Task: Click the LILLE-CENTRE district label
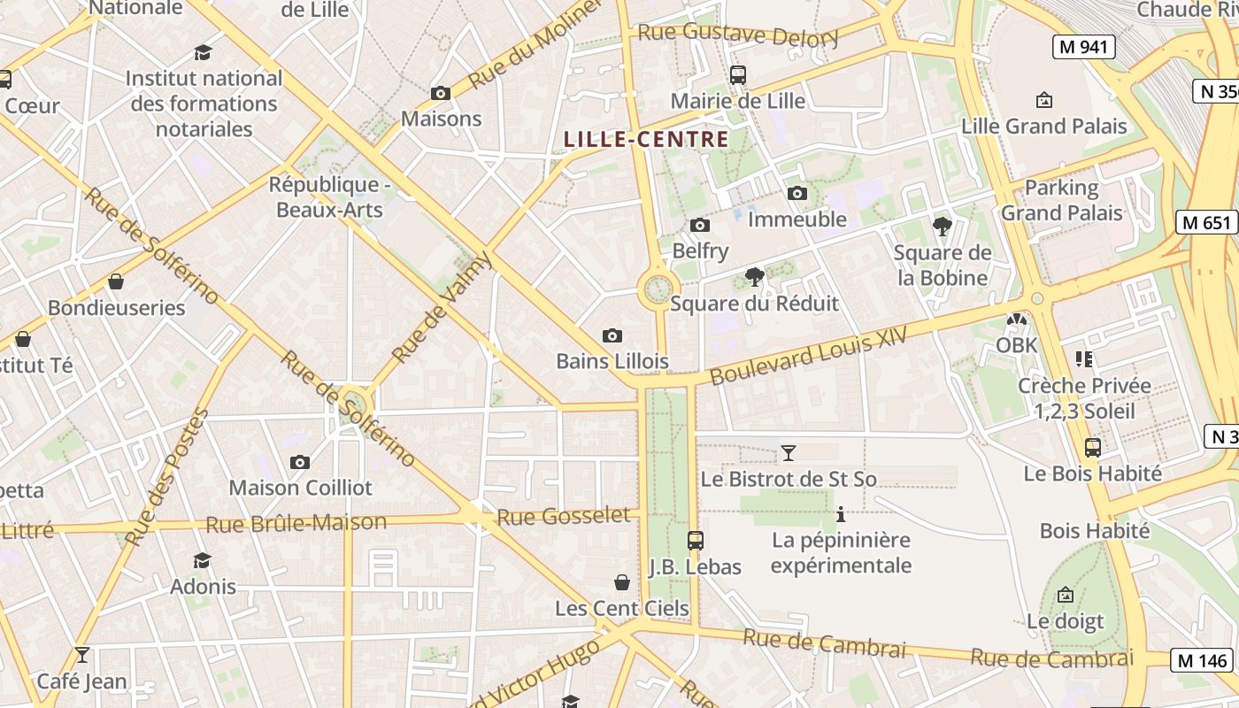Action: (646, 139)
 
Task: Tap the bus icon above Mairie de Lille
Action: (737, 75)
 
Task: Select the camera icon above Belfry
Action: (700, 226)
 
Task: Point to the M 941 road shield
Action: (1083, 47)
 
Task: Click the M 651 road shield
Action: (1206, 222)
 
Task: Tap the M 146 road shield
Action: (1203, 659)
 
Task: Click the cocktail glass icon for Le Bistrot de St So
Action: (788, 454)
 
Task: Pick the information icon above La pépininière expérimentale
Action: (841, 514)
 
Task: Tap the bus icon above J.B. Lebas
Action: (696, 540)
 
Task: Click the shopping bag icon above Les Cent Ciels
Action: (622, 582)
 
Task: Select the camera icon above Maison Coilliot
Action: (300, 462)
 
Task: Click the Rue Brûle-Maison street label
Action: (296, 523)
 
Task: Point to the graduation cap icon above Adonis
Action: (203, 560)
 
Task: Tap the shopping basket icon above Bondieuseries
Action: (116, 282)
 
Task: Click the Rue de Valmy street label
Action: (441, 307)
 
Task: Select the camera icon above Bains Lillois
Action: (612, 335)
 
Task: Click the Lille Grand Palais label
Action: (1044, 126)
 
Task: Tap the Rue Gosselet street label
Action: (564, 516)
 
